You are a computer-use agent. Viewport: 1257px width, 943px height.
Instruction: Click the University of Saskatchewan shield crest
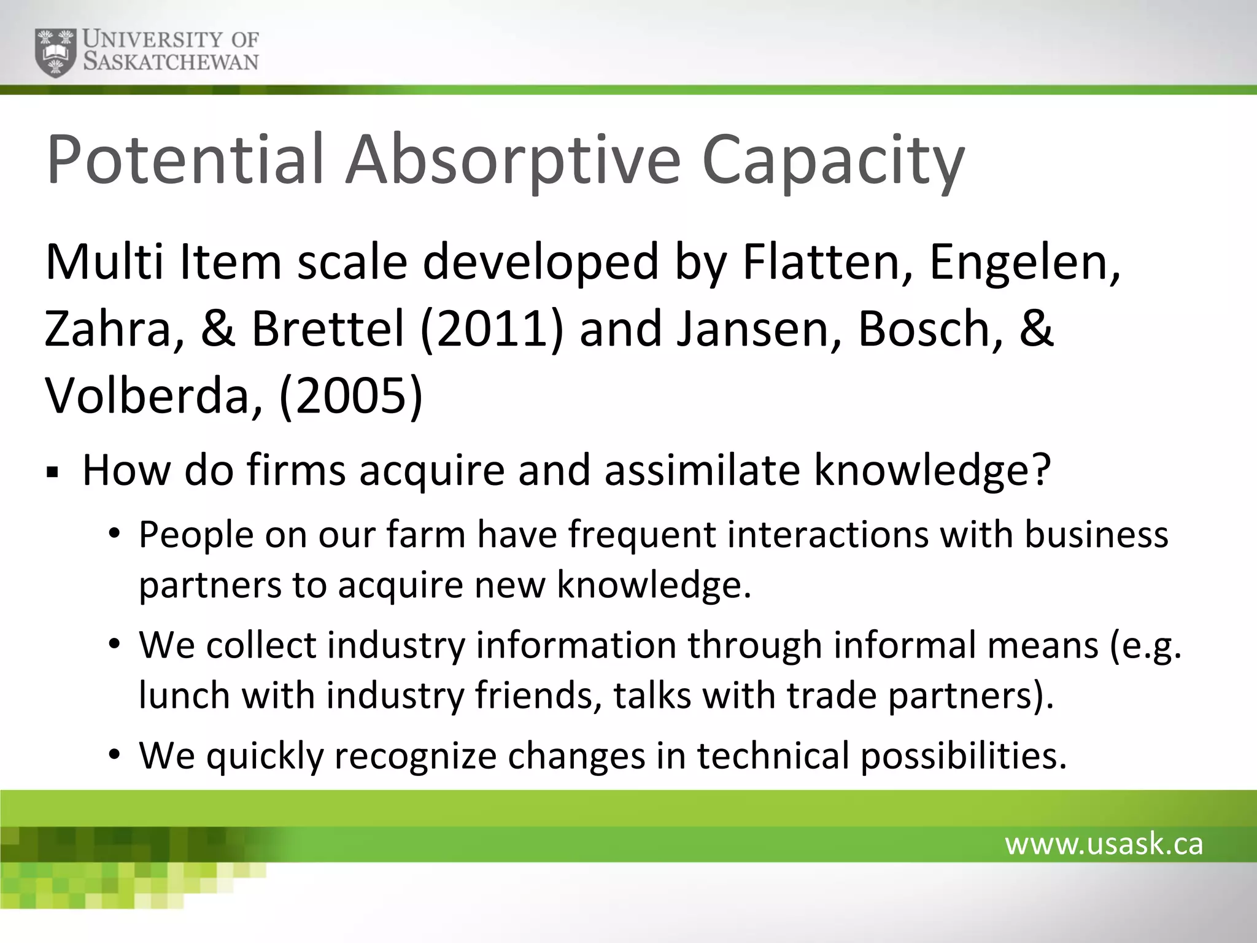pos(57,52)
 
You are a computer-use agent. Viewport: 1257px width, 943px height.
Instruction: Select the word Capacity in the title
pos(833,161)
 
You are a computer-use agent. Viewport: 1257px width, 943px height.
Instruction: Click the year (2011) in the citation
pos(491,329)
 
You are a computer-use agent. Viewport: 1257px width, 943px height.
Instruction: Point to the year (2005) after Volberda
pos(350,396)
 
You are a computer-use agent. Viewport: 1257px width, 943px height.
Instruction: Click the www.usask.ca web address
pos(1104,844)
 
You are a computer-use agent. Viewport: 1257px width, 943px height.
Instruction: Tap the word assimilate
pos(702,470)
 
